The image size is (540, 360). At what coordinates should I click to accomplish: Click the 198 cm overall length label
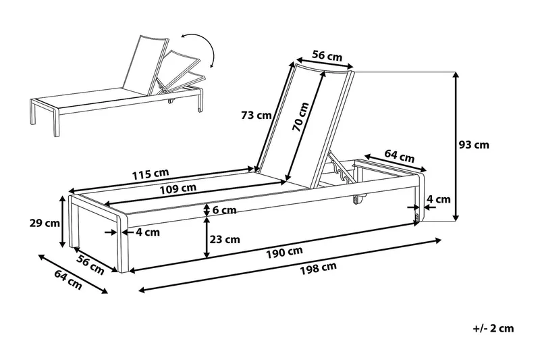(319, 266)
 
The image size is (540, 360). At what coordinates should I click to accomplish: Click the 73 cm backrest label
(256, 115)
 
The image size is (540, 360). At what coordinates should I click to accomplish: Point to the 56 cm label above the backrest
(327, 57)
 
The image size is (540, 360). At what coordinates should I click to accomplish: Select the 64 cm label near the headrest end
(399, 156)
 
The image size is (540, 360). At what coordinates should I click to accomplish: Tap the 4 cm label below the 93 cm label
(439, 199)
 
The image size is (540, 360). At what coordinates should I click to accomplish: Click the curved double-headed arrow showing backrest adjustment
(201, 49)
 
